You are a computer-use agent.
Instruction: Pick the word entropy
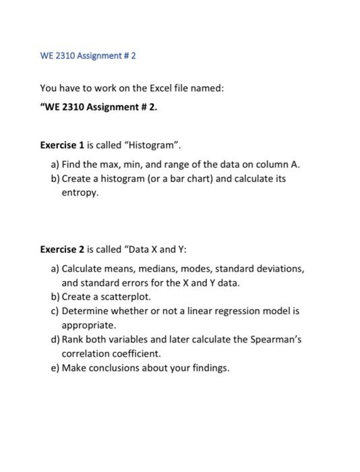click(x=80, y=193)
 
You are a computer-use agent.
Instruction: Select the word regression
click(x=233, y=311)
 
